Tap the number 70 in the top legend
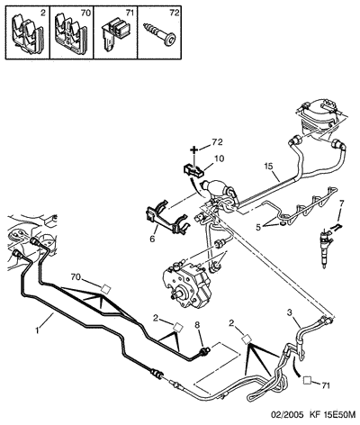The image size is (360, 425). (86, 13)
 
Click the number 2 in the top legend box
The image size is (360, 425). (43, 13)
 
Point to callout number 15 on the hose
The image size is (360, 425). (269, 166)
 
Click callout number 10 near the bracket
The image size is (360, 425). (220, 158)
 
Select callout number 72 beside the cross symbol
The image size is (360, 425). (218, 142)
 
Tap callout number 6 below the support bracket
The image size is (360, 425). (152, 240)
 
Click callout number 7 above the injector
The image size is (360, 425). (342, 203)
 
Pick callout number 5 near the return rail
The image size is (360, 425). (258, 227)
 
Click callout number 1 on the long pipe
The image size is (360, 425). (37, 330)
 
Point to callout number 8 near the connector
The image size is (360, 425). (197, 324)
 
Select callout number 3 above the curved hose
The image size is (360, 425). (290, 312)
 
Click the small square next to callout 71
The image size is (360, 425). (307, 379)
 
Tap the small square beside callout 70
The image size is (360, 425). (105, 289)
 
